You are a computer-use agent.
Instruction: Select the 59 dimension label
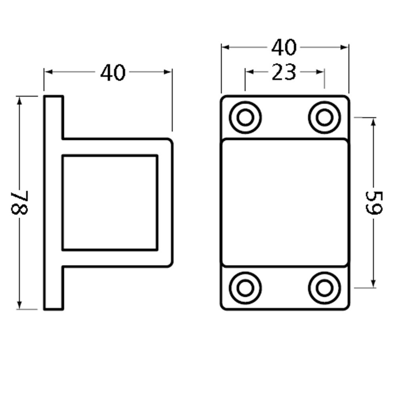pos(373,202)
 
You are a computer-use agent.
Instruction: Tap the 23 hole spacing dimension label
pos(284,72)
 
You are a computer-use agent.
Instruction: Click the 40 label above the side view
pos(113,73)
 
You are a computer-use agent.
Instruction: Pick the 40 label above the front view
pos(284,48)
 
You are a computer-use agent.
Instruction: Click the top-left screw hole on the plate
pos(246,118)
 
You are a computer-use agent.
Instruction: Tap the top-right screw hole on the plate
pos(324,118)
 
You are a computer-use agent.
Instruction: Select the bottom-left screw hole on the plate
pos(246,288)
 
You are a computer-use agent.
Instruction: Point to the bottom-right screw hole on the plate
pos(324,288)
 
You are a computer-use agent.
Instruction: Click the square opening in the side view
pos(110,202)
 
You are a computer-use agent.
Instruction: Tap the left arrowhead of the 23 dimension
pos(249,72)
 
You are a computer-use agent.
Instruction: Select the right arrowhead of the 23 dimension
pos(321,72)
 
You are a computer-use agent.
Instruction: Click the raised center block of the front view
pos(285,202)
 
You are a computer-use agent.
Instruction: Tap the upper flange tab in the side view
pos(53,117)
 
